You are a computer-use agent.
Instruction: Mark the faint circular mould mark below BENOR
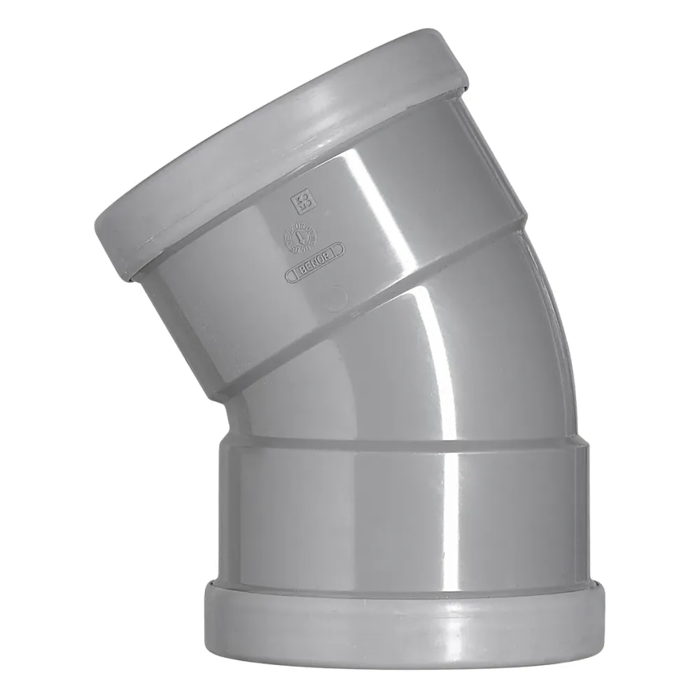coord(337,297)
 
